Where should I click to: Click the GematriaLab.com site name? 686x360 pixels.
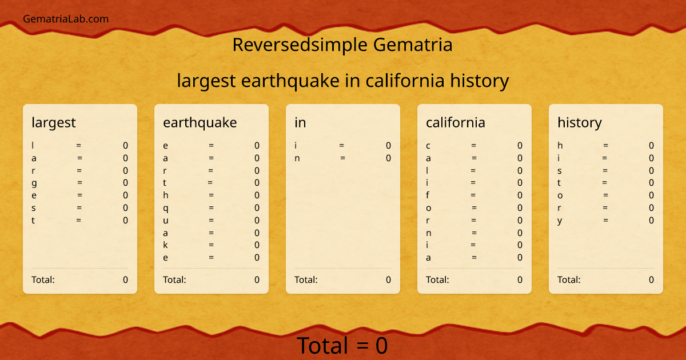pyautogui.click(x=66, y=19)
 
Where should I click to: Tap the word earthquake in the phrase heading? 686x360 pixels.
pyautogui.click(x=290, y=81)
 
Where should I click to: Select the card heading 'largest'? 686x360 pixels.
pyautogui.click(x=54, y=122)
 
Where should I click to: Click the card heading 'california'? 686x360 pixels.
pyautogui.click(x=456, y=122)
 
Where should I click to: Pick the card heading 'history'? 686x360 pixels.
pyautogui.click(x=580, y=122)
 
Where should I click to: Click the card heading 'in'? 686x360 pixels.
pyautogui.click(x=300, y=122)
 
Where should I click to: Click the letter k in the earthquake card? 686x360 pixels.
pyautogui.click(x=166, y=245)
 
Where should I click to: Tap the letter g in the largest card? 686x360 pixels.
pyautogui.click(x=34, y=183)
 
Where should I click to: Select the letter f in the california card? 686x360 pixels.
pyautogui.click(x=428, y=195)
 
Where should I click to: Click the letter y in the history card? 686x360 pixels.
pyautogui.click(x=560, y=221)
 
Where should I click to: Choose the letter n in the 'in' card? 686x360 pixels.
pyautogui.click(x=297, y=158)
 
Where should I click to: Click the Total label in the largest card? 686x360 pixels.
pyautogui.click(x=43, y=279)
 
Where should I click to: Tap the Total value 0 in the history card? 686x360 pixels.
pyautogui.click(x=651, y=279)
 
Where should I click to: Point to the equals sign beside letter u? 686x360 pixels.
pyautogui.click(x=212, y=221)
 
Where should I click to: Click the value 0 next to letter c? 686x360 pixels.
pyautogui.click(x=520, y=146)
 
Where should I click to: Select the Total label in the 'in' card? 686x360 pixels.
pyautogui.click(x=306, y=279)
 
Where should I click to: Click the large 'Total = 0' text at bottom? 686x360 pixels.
pyautogui.click(x=342, y=346)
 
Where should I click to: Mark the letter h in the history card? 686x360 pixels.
pyautogui.click(x=560, y=146)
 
